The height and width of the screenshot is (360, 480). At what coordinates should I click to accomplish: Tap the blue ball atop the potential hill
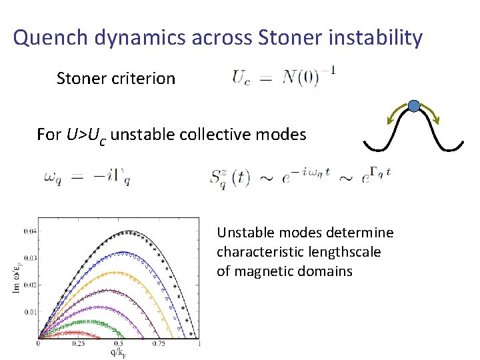[414, 106]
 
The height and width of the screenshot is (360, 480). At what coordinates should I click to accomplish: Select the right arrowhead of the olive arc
[438, 121]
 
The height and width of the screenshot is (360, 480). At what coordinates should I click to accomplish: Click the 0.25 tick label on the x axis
[79, 344]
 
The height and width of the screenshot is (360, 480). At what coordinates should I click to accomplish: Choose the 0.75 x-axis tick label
[159, 344]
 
